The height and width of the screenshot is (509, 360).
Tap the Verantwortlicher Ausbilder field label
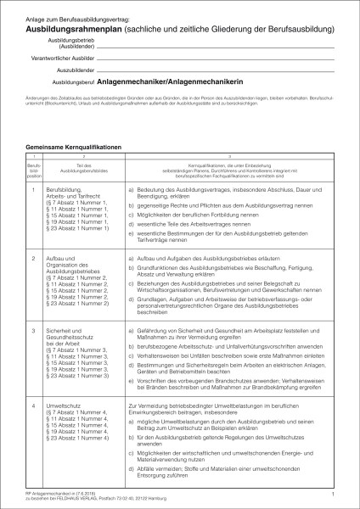[x=64, y=62]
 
